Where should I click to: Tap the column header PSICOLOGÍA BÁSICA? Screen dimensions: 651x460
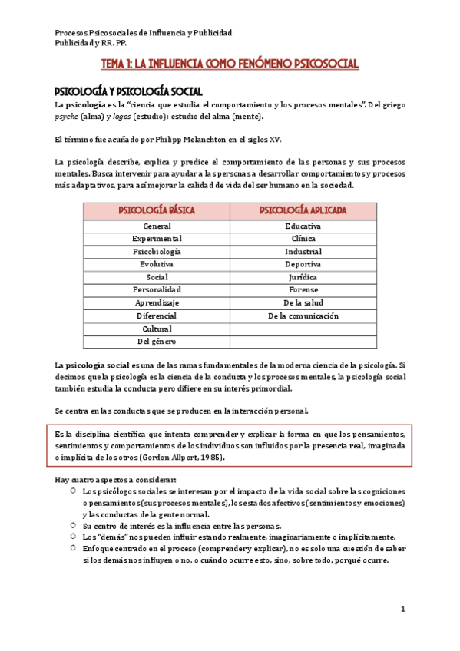157,210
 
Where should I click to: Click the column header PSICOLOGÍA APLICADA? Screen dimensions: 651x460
303,210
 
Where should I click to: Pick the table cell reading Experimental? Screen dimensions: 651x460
157,239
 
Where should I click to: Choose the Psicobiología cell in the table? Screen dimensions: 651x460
157,252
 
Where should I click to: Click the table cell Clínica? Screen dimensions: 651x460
303,239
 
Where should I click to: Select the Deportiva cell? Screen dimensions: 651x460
303,264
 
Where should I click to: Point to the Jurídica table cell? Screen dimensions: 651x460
303,277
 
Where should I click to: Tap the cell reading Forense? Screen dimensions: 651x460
303,289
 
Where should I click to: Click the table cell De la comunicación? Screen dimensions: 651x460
303,316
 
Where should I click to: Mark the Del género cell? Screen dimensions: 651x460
157,341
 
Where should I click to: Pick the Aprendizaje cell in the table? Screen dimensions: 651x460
157,302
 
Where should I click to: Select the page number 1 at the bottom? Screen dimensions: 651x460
402,609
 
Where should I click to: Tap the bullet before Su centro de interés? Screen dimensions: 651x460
72,525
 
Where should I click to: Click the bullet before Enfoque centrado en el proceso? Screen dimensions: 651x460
72,548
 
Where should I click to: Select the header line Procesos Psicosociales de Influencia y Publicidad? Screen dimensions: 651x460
144,33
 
